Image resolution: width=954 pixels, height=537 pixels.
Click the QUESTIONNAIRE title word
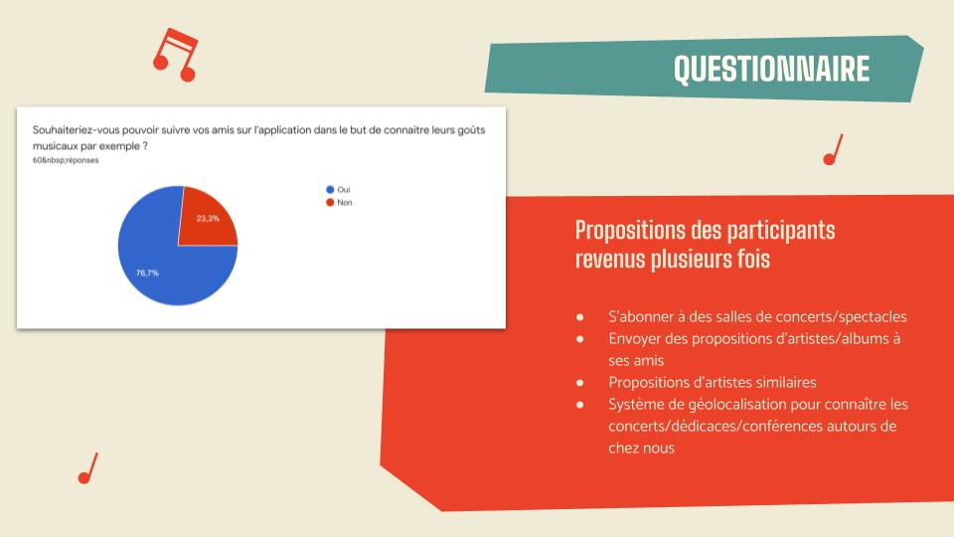tap(771, 69)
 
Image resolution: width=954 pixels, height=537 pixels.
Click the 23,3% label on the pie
tap(208, 218)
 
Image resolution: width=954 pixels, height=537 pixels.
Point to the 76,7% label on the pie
tap(147, 272)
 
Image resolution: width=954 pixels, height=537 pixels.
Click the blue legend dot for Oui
tap(330, 189)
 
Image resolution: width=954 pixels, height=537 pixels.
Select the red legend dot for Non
tap(330, 202)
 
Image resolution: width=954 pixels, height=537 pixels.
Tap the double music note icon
tap(176, 55)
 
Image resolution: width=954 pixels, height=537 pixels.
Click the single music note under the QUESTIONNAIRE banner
tap(833, 150)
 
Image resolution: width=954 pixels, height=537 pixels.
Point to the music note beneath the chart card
tap(88, 468)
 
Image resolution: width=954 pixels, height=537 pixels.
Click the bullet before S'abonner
tap(579, 317)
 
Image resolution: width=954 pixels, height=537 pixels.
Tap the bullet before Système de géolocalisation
tap(579, 405)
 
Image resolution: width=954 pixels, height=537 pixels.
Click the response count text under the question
tap(66, 160)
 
